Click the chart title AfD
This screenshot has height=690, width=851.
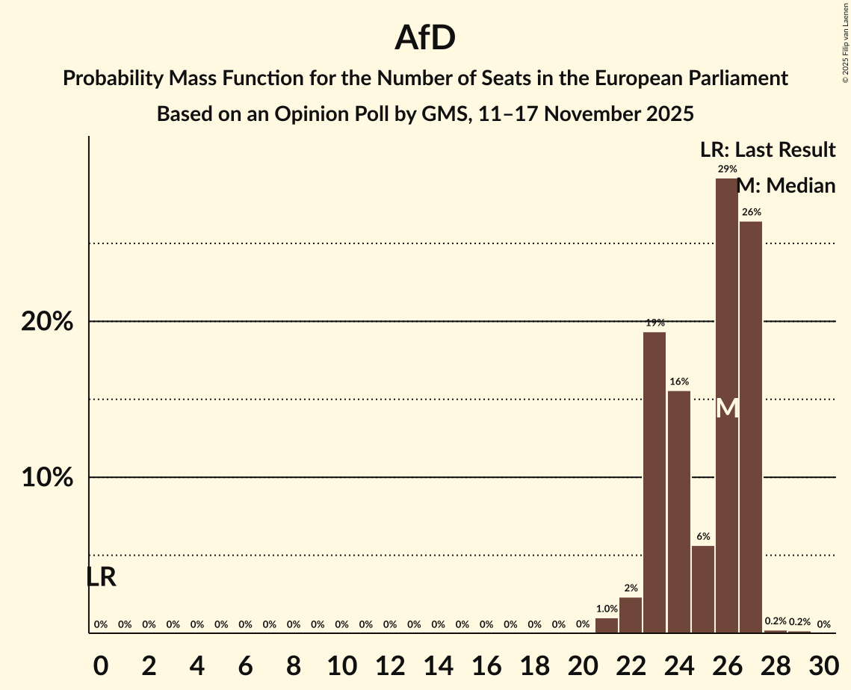[425, 39]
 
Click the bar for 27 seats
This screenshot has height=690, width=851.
[751, 426]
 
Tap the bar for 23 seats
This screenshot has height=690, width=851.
[655, 482]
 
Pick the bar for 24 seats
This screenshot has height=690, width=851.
[678, 512]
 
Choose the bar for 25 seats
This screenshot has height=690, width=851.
[703, 589]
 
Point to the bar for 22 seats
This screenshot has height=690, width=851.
[631, 615]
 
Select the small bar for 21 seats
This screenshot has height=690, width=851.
[607, 625]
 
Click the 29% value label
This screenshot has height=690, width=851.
[727, 169]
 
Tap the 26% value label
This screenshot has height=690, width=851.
[751, 212]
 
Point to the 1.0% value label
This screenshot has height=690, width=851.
[607, 609]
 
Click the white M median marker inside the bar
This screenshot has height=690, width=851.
[727, 408]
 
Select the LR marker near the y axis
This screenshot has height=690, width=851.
[101, 577]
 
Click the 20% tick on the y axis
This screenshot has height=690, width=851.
[46, 322]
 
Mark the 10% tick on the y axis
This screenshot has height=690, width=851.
[46, 478]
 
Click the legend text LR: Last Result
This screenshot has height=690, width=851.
[767, 149]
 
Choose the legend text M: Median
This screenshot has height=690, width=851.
[786, 186]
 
